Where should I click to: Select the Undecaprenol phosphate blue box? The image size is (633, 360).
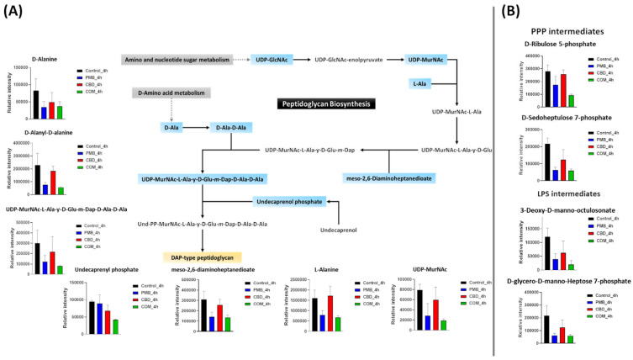pyautogui.click(x=289, y=201)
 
